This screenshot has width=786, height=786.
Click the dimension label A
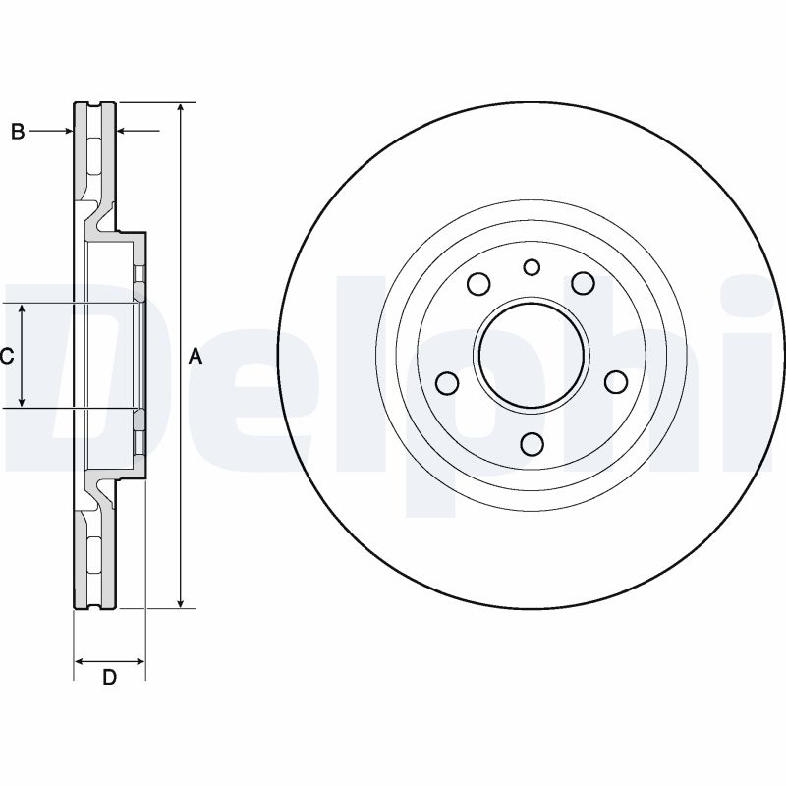[x=196, y=356]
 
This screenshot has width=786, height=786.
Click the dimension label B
[x=18, y=131]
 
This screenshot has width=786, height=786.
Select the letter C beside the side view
[x=7, y=356]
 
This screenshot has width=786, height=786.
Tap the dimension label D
[x=110, y=678]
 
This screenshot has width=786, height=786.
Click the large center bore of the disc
[x=532, y=355]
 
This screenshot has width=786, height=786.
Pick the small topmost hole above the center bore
[x=532, y=267]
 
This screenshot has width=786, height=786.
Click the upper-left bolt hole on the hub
[x=478, y=284]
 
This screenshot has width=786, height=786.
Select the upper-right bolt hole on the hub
[x=585, y=284]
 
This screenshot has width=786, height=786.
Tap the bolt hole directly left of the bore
[x=445, y=381]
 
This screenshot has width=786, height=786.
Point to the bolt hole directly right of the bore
[x=617, y=381]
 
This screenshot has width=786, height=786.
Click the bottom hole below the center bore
[x=532, y=444]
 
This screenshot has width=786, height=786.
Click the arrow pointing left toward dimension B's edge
[x=124, y=131]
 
